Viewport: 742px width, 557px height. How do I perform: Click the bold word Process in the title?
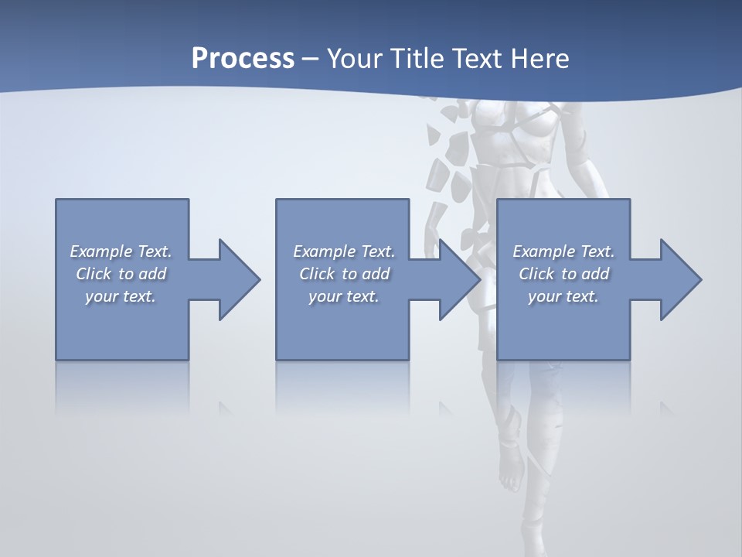tap(243, 58)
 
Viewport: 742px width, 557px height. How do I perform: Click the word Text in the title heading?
tap(478, 58)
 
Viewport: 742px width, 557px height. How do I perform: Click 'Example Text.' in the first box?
tap(121, 251)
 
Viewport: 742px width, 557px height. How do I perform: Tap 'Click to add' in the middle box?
tap(345, 274)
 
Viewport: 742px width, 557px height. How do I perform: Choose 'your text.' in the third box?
tap(563, 296)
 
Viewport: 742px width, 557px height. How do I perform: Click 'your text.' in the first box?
tap(121, 296)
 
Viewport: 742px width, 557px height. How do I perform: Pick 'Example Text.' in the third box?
tap(563, 251)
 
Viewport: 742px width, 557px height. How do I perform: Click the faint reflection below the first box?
tap(122, 387)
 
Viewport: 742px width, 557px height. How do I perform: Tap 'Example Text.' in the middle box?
tap(345, 251)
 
